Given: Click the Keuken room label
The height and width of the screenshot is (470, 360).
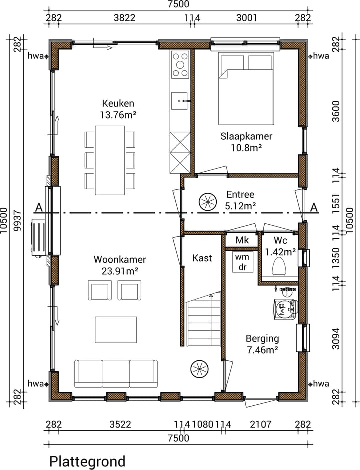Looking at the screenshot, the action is tap(118, 104).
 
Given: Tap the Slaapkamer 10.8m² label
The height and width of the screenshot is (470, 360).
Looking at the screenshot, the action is tap(246, 142).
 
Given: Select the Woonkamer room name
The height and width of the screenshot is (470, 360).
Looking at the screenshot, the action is tap(120, 259).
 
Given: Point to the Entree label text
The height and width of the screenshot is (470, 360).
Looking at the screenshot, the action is tap(240, 194).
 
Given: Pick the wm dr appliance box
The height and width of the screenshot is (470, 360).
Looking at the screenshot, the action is tap(243, 262).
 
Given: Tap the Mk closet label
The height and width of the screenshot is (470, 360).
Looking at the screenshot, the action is tap(242, 240).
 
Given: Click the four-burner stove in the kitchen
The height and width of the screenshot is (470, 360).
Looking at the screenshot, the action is tap(180, 65).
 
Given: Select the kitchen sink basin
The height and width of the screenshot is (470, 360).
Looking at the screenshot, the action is tap(179, 101).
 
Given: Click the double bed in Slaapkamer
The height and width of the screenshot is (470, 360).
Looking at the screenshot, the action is tap(246, 89).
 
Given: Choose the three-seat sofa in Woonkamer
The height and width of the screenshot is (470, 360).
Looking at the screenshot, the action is tap(116, 374).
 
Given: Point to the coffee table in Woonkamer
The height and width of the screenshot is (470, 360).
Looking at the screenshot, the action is tap(116, 330).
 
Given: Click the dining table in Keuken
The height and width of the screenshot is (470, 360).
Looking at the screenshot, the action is tap(110, 160).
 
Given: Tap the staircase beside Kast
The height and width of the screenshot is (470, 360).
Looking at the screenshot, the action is tap(203, 319).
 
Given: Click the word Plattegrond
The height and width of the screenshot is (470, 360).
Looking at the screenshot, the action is tap(87, 461).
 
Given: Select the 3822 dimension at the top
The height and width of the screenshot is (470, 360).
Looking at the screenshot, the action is tap(125, 18).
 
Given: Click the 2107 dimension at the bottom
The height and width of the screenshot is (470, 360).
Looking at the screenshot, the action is tap(260, 424).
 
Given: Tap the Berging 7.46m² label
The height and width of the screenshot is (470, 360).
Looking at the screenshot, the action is tap(262, 344).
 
